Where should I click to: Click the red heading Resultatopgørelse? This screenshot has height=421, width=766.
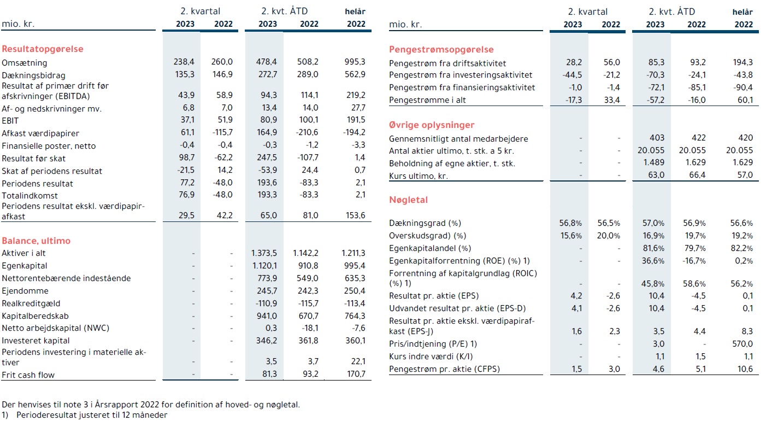pos(43,49)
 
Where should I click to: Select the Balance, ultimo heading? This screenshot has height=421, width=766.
pos(36,241)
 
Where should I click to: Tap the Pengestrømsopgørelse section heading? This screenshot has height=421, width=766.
pos(441,50)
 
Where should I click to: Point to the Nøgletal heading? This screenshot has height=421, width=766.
pos(408,200)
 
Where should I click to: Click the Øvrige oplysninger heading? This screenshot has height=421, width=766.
pos(432,125)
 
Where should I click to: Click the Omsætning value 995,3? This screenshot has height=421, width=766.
pos(355,62)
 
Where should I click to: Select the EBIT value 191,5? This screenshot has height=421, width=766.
pos(356,120)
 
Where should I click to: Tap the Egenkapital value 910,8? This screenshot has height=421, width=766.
pos(308,266)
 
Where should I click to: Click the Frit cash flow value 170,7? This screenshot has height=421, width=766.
pos(356,374)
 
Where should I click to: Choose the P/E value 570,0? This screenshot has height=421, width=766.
pos(743,344)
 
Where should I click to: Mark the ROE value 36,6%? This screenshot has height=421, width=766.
pos(653,261)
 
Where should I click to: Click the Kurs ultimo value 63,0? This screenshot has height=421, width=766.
pos(656,175)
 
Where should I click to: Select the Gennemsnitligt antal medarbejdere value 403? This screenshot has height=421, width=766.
pos(657,138)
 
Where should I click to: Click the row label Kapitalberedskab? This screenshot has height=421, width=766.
pos(35,316)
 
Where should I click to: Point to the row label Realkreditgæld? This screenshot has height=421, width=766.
pos(31,303)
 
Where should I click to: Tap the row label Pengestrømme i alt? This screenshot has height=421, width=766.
pos(427,100)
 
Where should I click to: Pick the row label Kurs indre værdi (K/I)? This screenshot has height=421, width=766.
pos(431,356)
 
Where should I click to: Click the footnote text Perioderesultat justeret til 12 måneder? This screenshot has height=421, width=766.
pos(92,415)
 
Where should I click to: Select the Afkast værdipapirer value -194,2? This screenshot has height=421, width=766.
pos(354,132)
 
